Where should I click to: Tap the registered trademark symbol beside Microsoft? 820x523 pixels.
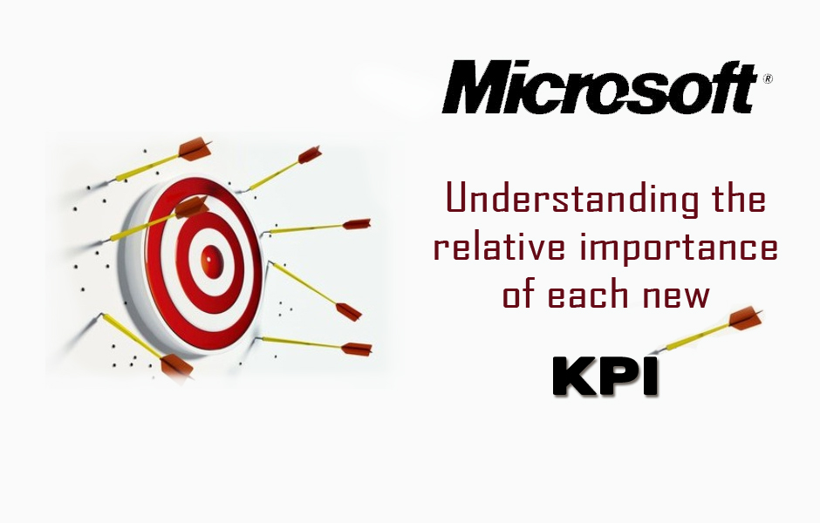coord(768,79)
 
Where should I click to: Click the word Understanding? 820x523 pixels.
coord(572,200)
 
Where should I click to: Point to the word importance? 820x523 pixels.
coord(679,248)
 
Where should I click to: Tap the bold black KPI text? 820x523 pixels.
coord(605,377)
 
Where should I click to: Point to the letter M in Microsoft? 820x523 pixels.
coord(475,87)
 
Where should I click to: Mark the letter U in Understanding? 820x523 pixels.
coord(458,199)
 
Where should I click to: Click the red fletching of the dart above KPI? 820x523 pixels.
coord(745,317)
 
